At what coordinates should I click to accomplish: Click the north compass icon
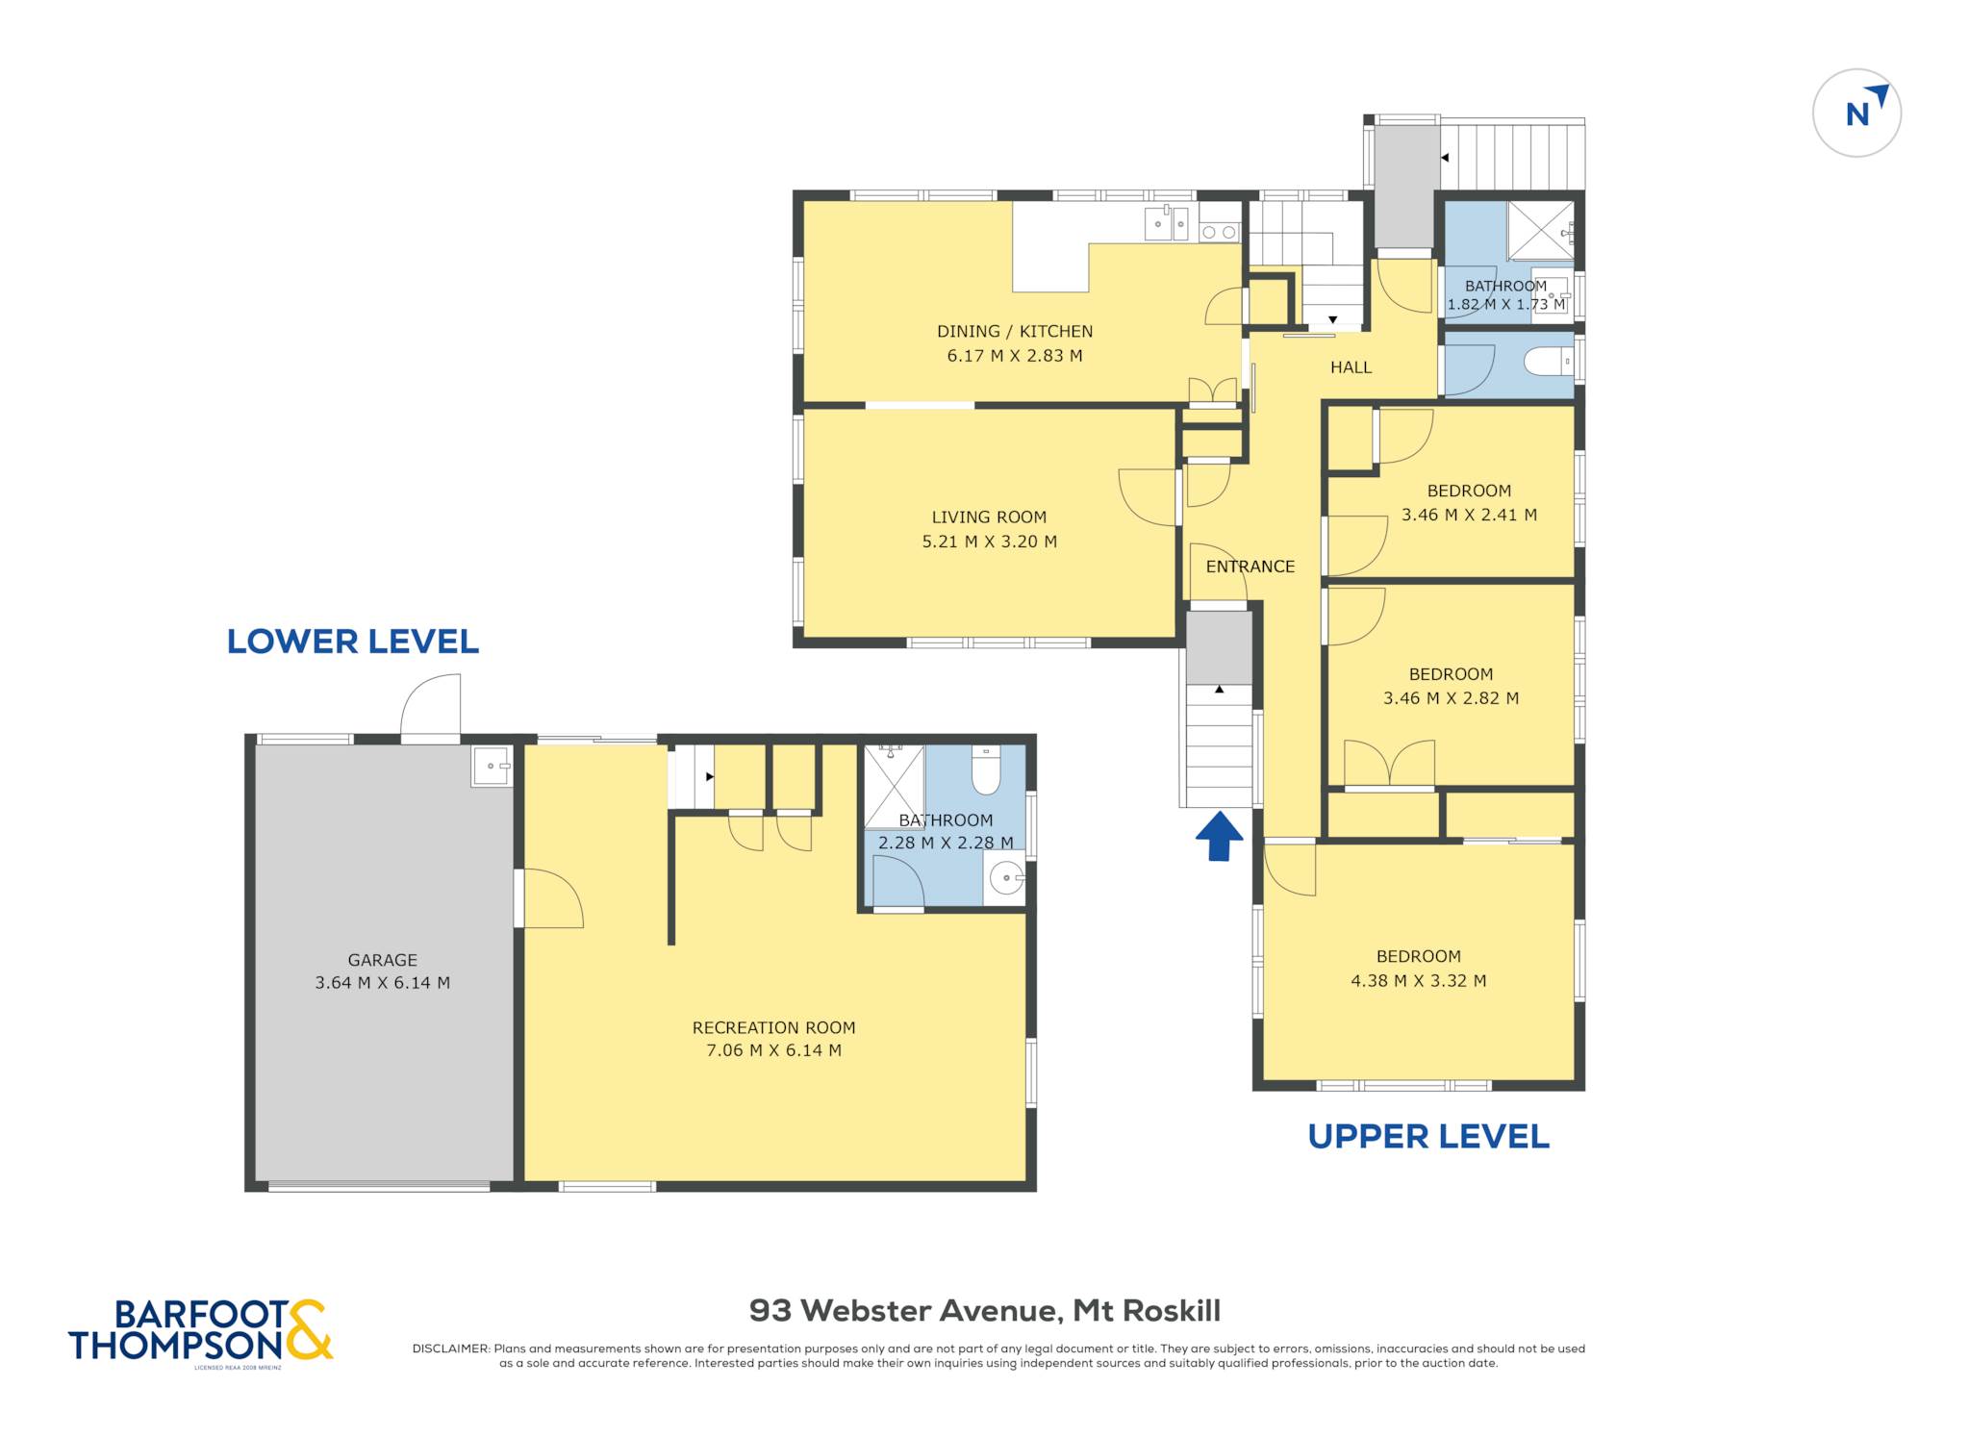coord(1856,113)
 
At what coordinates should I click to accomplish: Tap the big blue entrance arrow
coord(1219,836)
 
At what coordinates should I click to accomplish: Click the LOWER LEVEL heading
coord(352,642)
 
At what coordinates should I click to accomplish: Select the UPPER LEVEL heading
coord(1427,1137)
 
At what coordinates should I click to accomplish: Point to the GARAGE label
coord(383,960)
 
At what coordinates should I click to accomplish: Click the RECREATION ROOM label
coord(773,1027)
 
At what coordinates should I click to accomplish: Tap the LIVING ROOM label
coord(989,517)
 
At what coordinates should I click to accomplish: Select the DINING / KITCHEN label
coord(1015,331)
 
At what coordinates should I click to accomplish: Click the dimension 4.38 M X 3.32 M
coord(1419,981)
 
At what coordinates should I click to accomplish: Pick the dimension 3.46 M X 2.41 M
coord(1469,515)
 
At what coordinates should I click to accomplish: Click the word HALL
coord(1351,367)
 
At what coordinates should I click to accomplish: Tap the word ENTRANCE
coord(1250,567)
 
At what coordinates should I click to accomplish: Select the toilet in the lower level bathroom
coord(986,769)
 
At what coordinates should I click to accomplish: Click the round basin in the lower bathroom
coord(1006,877)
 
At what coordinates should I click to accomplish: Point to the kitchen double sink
coord(1167,223)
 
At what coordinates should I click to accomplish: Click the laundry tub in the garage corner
coord(492,766)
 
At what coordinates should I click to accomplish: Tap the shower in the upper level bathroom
coord(1540,231)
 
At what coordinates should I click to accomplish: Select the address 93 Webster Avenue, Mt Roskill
coord(985,1310)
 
